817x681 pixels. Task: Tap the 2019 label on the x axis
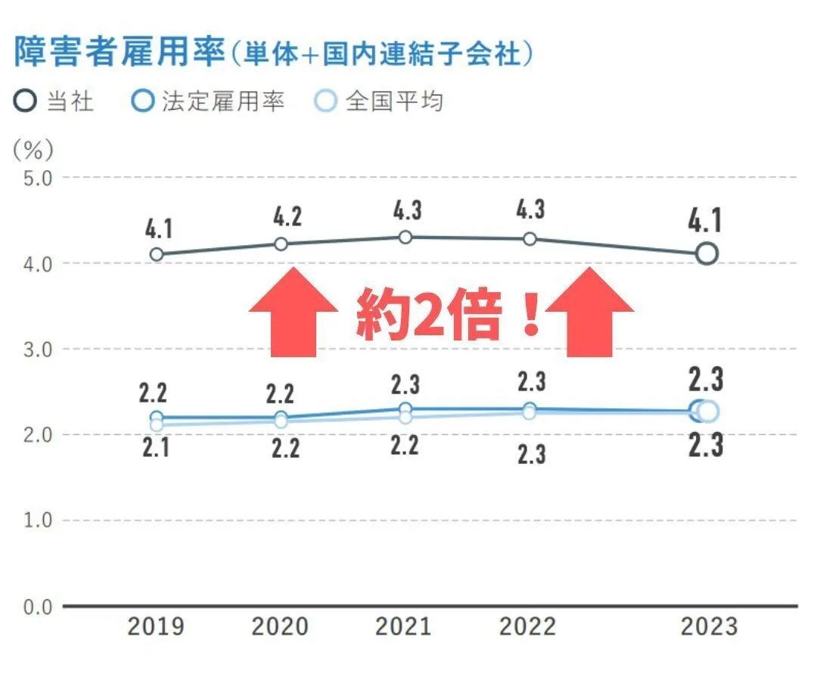(156, 627)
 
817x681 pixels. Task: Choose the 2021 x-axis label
(404, 627)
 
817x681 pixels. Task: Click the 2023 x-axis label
(708, 627)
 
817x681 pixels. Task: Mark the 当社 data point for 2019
(157, 254)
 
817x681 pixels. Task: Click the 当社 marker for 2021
(405, 238)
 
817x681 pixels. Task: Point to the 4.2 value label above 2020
(287, 217)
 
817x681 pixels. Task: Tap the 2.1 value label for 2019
(157, 448)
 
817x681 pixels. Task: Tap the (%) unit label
(33, 150)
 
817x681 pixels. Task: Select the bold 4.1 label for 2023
(707, 221)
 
